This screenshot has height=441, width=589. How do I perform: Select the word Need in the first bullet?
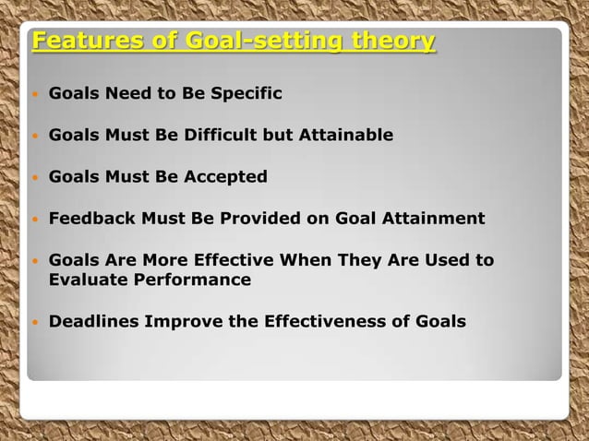123,94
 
